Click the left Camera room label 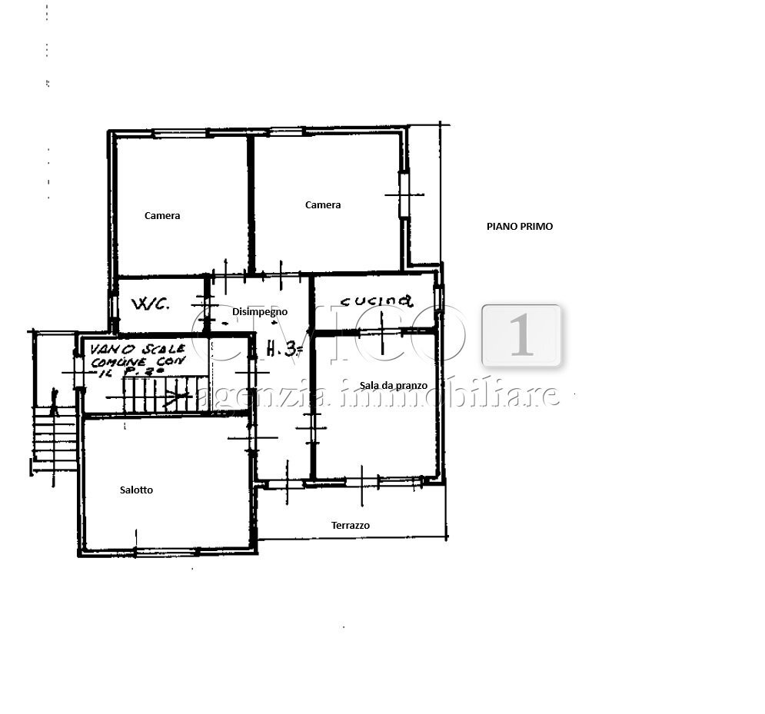pos(162,216)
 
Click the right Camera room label pos(323,205)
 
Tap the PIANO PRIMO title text pos(520,227)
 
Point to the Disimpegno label pos(260,312)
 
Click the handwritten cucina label pos(378,301)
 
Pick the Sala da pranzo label pos(394,385)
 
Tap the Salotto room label pos(136,490)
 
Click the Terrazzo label pos(351,526)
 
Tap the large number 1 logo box pos(522,335)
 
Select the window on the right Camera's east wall pos(402,194)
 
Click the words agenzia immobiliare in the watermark pos(377,395)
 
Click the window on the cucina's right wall pos(438,299)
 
